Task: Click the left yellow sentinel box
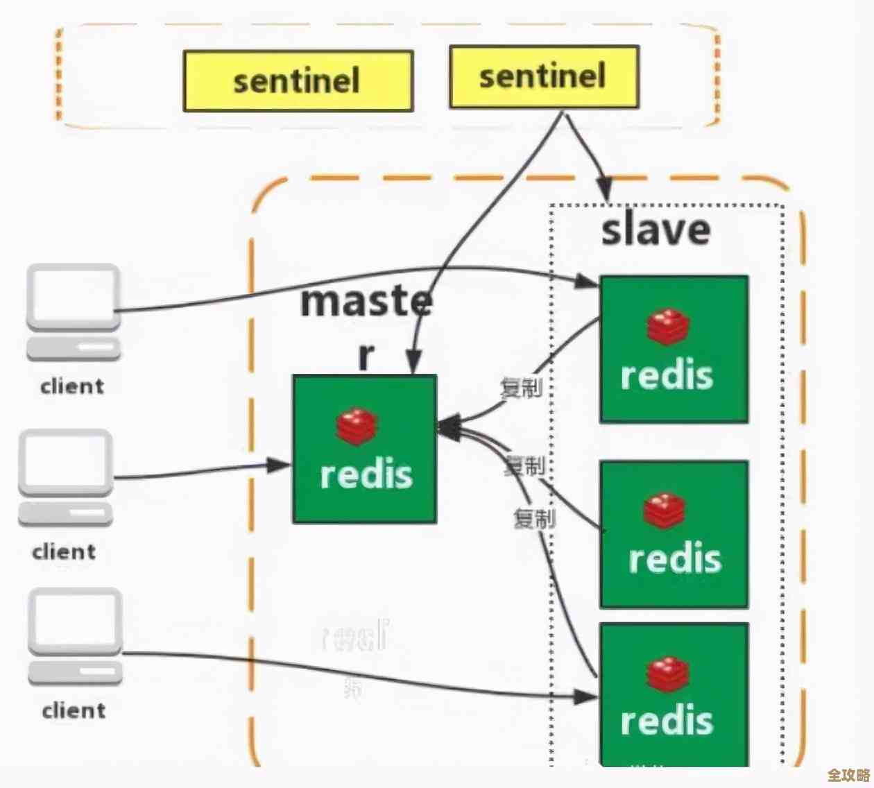click(x=298, y=81)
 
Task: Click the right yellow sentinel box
click(x=544, y=76)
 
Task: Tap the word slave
click(x=655, y=230)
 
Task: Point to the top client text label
click(x=72, y=386)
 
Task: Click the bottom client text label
click(x=74, y=711)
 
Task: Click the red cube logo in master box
click(x=357, y=426)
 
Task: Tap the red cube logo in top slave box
click(x=668, y=327)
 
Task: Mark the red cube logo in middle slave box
click(x=664, y=511)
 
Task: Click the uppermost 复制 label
click(x=521, y=388)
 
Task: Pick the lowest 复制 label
click(x=534, y=518)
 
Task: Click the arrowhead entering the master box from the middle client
click(x=280, y=465)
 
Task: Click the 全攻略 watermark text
click(x=848, y=775)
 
